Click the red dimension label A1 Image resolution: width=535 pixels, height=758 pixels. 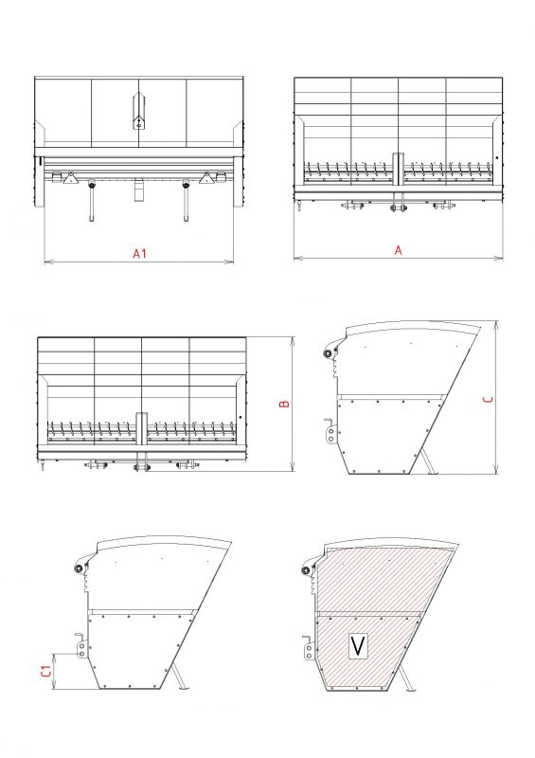pos(140,253)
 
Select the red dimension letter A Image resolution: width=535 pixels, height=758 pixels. pos(399,250)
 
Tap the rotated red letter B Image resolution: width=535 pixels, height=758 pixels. pos(285,404)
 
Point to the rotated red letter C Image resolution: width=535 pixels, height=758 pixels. pos(489,399)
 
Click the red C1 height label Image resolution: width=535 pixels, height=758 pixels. pos(45,671)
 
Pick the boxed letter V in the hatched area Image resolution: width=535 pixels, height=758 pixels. pos(358,646)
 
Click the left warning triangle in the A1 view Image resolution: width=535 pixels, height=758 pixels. pos(70,178)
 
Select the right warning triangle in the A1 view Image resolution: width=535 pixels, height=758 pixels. pos(206,178)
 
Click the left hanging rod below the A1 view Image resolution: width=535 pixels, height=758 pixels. pos(91,201)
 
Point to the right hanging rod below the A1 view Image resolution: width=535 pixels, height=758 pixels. pos(186,201)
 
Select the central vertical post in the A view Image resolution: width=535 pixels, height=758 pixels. pos(399,170)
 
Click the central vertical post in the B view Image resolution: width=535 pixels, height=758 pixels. pos(142,428)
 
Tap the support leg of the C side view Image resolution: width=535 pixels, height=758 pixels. pos(429,461)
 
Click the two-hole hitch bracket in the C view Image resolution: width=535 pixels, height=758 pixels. pos(331,431)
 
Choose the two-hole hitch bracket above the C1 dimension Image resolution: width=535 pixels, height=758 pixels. pos(81,646)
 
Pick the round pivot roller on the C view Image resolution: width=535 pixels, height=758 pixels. pos(328,353)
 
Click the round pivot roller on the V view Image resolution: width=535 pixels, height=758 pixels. pos(306,570)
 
